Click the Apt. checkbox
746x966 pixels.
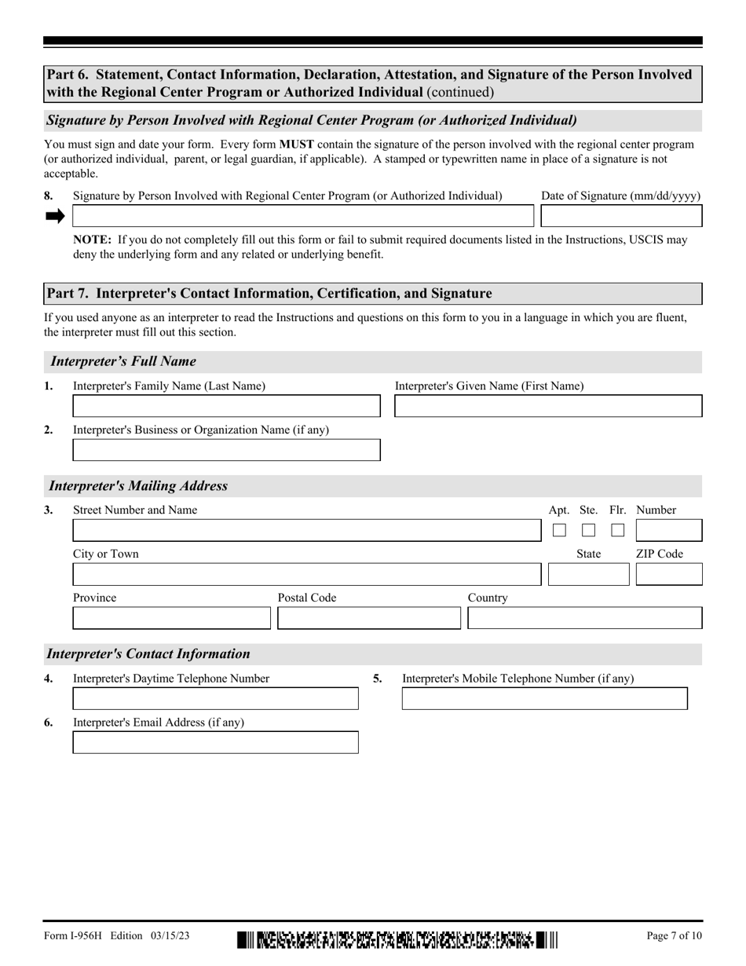[559, 530]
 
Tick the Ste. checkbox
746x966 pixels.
[588, 530]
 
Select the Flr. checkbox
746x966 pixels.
[618, 530]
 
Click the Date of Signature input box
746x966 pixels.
[621, 216]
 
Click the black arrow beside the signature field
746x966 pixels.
[55, 217]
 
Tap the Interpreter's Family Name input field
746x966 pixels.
[226, 406]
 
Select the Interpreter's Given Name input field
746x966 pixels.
[547, 406]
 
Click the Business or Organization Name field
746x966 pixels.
[226, 450]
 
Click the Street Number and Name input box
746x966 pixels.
[306, 530]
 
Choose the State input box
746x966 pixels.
[588, 575]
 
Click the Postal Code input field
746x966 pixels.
[369, 618]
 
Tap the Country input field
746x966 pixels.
[584, 618]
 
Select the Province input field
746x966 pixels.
[171, 618]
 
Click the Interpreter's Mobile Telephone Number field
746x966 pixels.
[544, 698]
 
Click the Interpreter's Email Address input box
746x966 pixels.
[215, 742]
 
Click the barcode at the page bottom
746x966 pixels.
[397, 939]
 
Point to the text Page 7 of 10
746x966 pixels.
[674, 935]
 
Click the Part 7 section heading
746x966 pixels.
[269, 294]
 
